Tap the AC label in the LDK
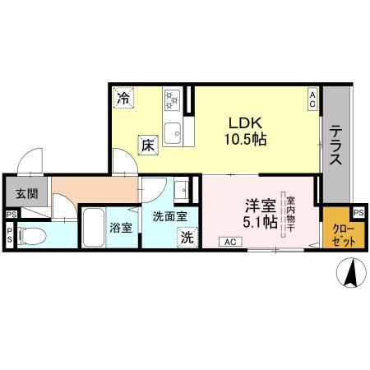point(312,99)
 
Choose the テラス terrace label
point(336,146)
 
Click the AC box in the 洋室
point(230,242)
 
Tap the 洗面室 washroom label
point(169,215)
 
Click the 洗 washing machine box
point(187,237)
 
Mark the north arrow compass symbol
point(351,273)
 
